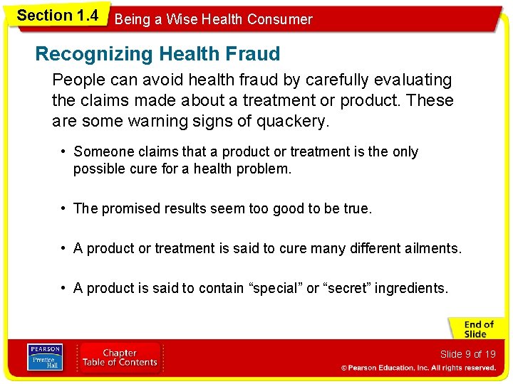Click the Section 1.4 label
point(57,16)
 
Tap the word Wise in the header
point(182,19)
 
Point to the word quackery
point(292,121)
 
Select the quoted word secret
point(347,288)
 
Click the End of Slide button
point(476,329)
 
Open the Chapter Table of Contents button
point(120,358)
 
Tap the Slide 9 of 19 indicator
point(467,354)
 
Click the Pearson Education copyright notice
point(418,368)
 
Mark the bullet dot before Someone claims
point(64,151)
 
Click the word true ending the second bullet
point(356,208)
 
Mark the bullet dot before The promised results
point(64,208)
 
